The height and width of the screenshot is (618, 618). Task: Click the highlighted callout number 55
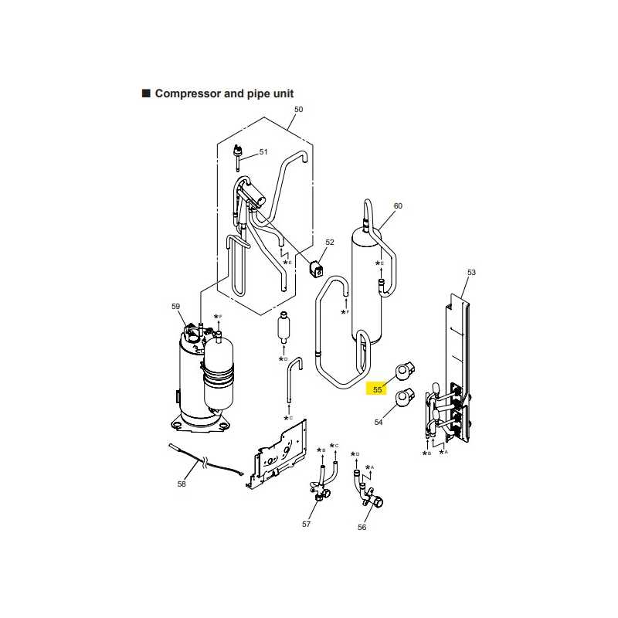point(377,389)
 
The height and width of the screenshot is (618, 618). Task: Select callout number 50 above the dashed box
point(298,109)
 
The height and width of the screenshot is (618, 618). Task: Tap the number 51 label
point(263,151)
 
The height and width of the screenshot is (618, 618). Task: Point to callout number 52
point(330,242)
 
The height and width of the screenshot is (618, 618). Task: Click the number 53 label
point(471,273)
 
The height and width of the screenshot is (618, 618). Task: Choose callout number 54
point(378,422)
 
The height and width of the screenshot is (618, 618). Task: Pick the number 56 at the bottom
point(362,527)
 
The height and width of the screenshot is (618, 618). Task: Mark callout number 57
point(306,524)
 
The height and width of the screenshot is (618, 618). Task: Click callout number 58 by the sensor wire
point(182,484)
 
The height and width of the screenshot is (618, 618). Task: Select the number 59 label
point(175,306)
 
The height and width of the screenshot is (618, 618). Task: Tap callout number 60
point(398,205)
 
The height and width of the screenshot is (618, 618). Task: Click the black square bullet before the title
point(146,93)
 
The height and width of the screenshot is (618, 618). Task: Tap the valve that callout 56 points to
point(369,492)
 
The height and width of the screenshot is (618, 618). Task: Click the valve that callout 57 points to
point(323,484)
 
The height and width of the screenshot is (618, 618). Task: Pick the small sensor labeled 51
point(238,158)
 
